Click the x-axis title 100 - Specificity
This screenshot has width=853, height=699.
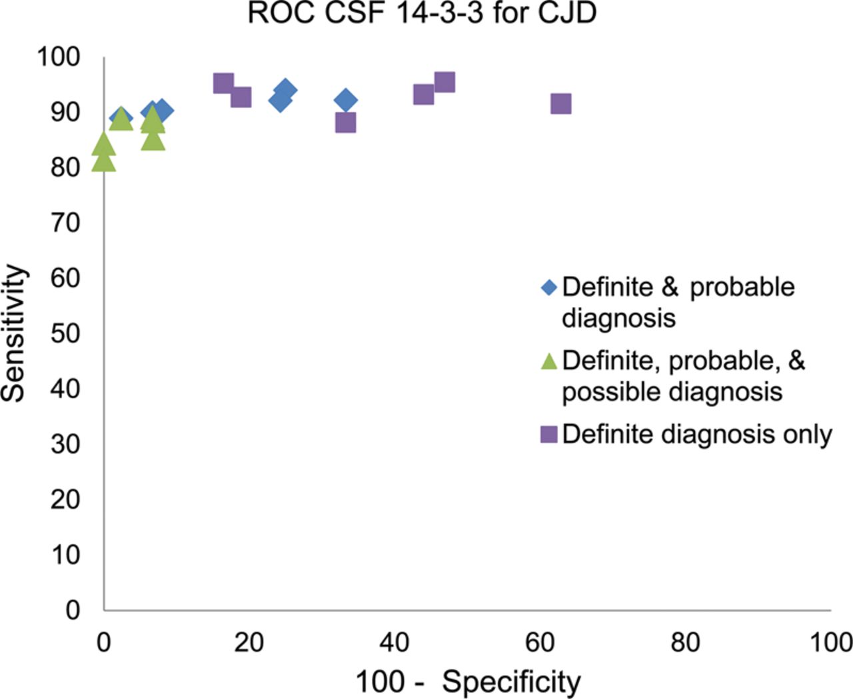point(468,682)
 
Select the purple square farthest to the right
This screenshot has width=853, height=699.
point(561,104)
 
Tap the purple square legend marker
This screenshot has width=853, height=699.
point(548,435)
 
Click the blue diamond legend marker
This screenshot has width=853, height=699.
point(548,288)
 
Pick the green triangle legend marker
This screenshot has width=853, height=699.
point(548,361)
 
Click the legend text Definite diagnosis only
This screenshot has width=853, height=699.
point(697,434)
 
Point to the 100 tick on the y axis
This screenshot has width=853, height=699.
point(59,57)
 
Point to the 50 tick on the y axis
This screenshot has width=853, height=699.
point(65,333)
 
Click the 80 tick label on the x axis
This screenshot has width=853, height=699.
point(685,642)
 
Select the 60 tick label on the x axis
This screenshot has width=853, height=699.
point(540,642)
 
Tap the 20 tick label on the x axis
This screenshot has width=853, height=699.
point(249,642)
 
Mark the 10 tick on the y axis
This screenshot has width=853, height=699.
point(65,555)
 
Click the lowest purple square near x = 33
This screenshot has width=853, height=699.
point(345,123)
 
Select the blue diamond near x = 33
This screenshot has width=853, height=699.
point(345,101)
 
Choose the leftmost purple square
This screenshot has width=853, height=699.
point(223,83)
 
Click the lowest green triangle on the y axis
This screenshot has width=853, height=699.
point(103,161)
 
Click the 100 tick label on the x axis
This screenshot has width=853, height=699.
point(830,642)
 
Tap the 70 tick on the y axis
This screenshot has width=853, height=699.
point(65,223)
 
